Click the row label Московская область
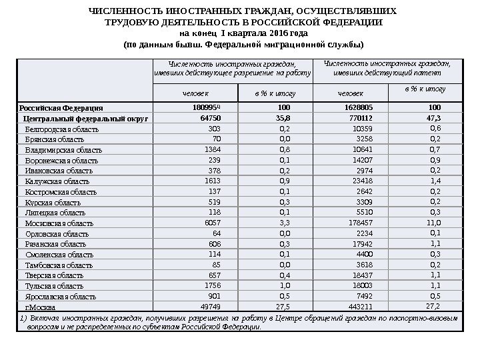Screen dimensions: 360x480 tap(55, 223)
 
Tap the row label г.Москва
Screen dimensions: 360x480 tap(40, 307)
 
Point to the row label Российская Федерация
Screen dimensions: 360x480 tap(60, 107)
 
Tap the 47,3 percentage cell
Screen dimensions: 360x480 tap(435, 117)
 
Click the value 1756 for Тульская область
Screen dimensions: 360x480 tap(212, 285)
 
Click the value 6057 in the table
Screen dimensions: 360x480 tap(212, 223)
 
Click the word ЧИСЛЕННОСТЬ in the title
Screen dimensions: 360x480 tap(122, 11)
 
